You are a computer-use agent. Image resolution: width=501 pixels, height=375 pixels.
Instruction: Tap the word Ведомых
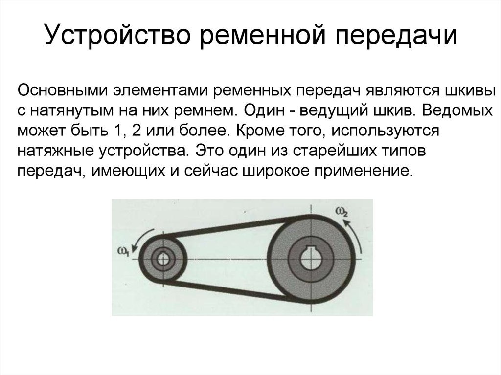(457, 110)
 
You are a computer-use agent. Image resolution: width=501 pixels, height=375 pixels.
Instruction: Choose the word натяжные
(56, 151)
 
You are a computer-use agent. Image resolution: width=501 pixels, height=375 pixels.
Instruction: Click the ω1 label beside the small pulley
(123, 252)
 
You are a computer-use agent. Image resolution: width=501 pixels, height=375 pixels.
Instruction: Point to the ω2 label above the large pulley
(341, 212)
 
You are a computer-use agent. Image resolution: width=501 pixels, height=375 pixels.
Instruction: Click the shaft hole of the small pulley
(163, 259)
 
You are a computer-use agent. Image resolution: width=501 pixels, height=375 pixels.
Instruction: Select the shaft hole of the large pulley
(311, 259)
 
